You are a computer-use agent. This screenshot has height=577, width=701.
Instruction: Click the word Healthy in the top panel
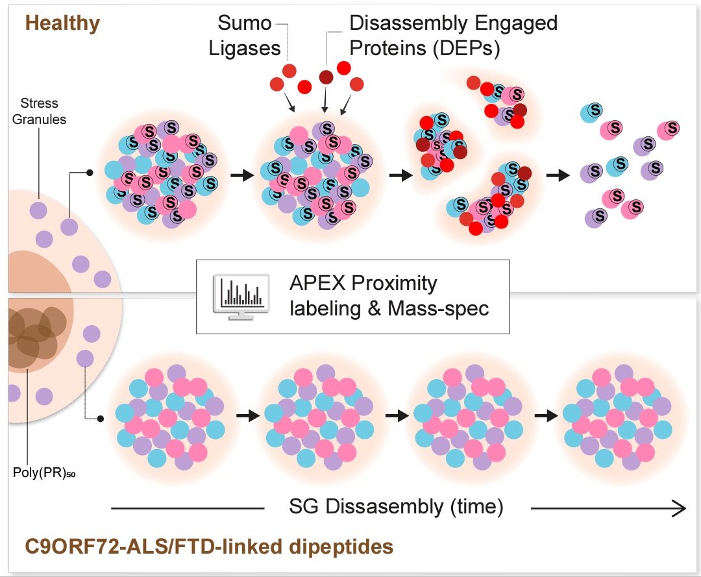(x=62, y=24)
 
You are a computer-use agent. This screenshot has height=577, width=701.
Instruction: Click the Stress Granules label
(x=40, y=111)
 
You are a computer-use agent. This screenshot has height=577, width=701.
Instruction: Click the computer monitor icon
(x=240, y=297)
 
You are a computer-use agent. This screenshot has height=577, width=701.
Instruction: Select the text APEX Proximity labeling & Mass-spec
(x=387, y=296)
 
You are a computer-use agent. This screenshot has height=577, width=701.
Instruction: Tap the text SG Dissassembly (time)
(x=397, y=506)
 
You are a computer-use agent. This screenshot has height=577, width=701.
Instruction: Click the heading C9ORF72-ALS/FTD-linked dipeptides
(x=209, y=546)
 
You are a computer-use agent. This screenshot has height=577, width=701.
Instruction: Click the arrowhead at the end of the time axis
(x=680, y=509)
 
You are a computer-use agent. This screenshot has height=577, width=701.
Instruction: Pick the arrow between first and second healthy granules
(x=242, y=176)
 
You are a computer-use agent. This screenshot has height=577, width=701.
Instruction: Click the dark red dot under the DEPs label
(x=325, y=77)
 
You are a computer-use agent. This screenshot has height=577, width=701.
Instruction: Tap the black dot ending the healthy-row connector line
(x=90, y=173)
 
